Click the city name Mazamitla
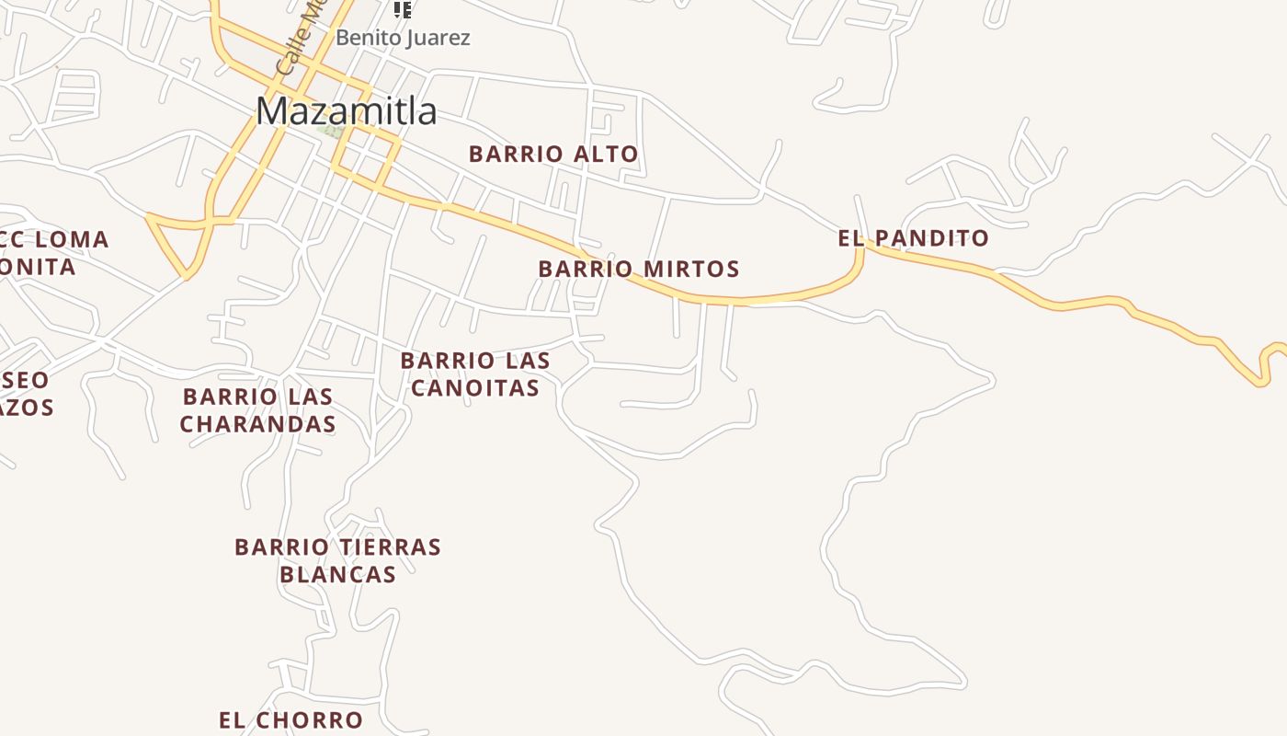click(346, 111)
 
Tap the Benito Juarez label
click(403, 38)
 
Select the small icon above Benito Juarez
click(402, 9)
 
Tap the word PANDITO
click(930, 238)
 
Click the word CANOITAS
click(474, 388)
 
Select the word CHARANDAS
click(257, 424)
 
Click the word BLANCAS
click(337, 575)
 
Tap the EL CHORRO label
click(290, 720)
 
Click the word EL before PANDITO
click(851, 238)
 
